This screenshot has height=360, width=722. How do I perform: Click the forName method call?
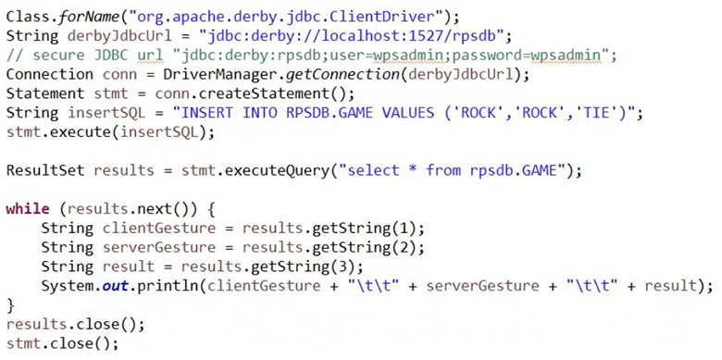click(83, 16)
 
